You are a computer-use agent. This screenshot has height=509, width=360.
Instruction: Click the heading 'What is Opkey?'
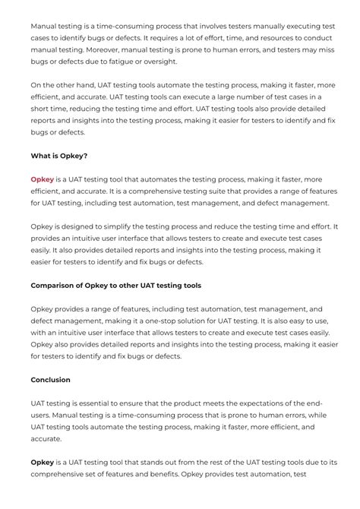click(x=59, y=156)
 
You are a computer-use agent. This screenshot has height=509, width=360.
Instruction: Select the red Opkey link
click(x=42, y=179)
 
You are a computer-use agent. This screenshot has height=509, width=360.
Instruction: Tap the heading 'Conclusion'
click(x=50, y=379)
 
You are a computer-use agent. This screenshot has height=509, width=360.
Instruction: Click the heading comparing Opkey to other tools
click(x=115, y=286)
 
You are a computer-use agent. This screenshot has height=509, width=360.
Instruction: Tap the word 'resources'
click(x=263, y=37)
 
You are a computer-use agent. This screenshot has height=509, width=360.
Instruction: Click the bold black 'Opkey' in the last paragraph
click(x=43, y=462)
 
